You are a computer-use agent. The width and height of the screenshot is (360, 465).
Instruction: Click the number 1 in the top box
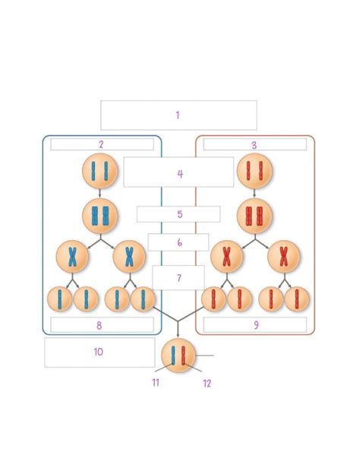click(177, 115)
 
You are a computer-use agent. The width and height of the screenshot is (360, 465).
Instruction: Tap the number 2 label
click(100, 144)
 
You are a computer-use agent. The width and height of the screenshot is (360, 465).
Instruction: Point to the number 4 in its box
click(180, 174)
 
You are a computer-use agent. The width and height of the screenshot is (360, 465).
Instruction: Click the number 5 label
click(180, 214)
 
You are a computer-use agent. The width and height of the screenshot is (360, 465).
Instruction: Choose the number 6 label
click(179, 242)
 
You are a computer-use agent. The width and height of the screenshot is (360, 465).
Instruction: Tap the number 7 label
click(179, 278)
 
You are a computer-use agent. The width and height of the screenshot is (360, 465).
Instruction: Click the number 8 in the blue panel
click(99, 325)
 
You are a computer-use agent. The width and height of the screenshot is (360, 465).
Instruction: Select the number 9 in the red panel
click(255, 325)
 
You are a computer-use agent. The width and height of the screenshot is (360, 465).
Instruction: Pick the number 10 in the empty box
click(98, 352)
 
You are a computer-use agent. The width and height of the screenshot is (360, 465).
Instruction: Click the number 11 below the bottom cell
click(156, 383)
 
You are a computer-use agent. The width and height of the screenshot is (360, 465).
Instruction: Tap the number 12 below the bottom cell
click(207, 383)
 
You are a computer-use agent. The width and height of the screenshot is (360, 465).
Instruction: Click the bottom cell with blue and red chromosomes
click(179, 356)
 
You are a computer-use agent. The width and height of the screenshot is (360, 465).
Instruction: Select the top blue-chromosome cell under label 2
click(99, 174)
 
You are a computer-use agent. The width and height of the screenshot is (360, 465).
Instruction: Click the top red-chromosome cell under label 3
click(254, 174)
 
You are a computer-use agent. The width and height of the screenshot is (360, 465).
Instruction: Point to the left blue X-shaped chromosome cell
click(72, 258)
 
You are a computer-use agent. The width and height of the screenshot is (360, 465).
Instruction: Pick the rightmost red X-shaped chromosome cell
click(283, 258)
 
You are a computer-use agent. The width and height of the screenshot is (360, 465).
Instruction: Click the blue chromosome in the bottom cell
click(174, 356)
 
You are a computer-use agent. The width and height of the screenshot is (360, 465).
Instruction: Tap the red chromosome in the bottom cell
click(185, 356)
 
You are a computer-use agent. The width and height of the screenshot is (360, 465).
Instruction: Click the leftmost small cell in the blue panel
click(61, 299)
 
